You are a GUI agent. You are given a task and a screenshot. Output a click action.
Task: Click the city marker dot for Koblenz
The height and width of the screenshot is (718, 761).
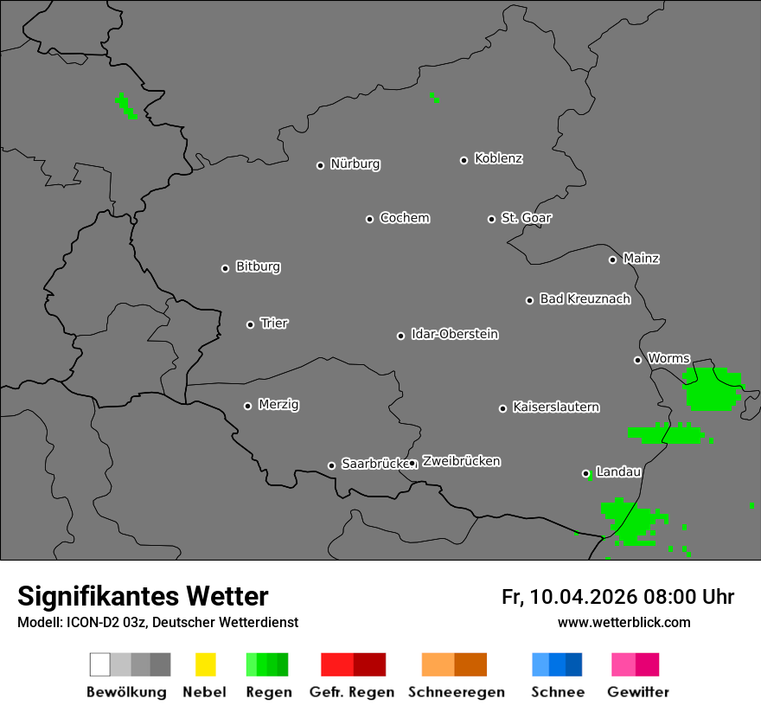(x=464, y=160)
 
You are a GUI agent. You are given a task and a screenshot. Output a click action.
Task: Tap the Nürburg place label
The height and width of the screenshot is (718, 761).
(x=355, y=164)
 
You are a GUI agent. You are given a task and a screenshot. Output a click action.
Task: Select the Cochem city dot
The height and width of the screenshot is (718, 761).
(x=370, y=219)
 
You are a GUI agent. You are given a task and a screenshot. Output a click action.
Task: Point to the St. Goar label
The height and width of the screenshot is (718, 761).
(x=526, y=218)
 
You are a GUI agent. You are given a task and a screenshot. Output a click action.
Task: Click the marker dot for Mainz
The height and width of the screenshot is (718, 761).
(x=613, y=260)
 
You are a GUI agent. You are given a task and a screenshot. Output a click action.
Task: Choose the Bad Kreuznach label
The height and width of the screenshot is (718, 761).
(x=585, y=299)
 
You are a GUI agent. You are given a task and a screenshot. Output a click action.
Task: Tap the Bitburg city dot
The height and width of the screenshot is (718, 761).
(x=226, y=268)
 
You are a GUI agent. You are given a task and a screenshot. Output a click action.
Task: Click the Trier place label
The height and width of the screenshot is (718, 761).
(x=274, y=324)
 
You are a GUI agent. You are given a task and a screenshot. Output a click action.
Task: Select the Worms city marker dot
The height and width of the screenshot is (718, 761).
(x=638, y=360)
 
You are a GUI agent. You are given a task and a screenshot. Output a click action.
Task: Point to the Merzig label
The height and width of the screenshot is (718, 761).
(x=278, y=405)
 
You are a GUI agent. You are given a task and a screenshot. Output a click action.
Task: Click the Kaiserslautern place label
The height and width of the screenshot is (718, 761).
(x=556, y=407)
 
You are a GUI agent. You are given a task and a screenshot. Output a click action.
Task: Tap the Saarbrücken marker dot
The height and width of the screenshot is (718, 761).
(x=332, y=465)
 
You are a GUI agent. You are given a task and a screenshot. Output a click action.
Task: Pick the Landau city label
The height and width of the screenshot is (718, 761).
(x=618, y=472)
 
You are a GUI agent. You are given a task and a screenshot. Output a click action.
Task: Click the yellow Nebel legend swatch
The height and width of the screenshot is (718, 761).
(x=205, y=664)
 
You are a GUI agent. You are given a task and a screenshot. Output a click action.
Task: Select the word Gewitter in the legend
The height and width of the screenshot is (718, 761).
(x=638, y=692)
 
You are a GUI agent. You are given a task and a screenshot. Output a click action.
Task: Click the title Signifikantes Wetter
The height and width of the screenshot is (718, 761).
(x=143, y=596)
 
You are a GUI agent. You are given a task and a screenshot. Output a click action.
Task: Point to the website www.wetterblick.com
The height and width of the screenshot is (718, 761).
(x=624, y=622)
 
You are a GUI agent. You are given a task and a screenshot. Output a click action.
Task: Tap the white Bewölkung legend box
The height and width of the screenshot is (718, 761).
(x=100, y=664)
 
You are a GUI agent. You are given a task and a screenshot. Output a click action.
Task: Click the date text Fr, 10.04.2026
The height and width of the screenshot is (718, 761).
(x=569, y=597)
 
